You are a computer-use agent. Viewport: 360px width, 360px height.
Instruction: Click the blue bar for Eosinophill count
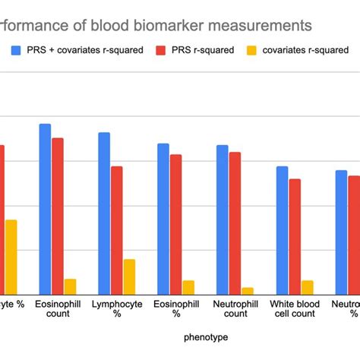(x=45, y=209)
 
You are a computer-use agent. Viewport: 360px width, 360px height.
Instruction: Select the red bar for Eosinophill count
(x=58, y=216)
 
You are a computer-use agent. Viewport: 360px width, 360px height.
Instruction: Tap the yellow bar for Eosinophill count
(x=70, y=286)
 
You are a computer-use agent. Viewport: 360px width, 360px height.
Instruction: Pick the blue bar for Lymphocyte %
(x=104, y=213)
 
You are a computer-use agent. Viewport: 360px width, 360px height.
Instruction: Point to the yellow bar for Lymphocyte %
(x=129, y=276)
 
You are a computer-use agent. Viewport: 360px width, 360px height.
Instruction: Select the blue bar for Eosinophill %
(x=163, y=219)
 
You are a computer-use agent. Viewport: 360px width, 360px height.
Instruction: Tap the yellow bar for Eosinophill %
(x=188, y=287)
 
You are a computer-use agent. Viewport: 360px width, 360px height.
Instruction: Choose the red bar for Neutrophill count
(x=235, y=223)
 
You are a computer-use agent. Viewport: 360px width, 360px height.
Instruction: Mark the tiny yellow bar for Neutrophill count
(x=248, y=291)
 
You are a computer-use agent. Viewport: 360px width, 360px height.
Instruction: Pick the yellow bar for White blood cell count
(x=307, y=287)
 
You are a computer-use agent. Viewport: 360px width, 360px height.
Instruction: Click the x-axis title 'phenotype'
(x=205, y=336)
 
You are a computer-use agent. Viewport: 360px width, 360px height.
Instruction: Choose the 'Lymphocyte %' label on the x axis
(x=117, y=308)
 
